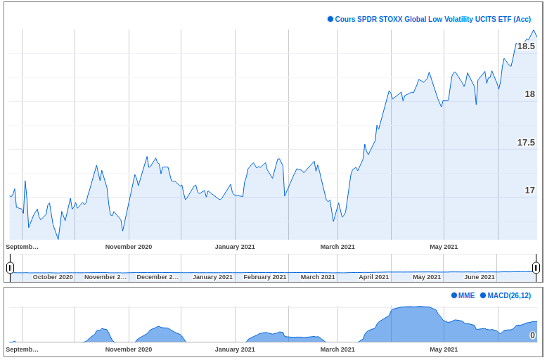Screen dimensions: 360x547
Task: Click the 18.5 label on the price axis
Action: click(526, 46)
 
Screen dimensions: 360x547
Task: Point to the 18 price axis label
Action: click(529, 94)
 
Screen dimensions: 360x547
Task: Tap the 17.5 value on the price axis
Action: click(526, 143)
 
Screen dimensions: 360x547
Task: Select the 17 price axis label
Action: click(529, 191)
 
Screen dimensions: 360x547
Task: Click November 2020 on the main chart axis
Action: click(129, 247)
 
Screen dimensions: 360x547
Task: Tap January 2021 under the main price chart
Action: click(235, 247)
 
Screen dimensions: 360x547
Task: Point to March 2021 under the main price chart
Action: click(337, 247)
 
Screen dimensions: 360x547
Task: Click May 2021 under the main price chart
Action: click(444, 247)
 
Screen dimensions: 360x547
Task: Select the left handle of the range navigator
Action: click(10, 267)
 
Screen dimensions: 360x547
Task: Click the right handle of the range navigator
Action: click(536, 267)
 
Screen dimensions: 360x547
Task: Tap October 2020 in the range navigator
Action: click(53, 277)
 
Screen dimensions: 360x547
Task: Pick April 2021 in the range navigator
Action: click(373, 277)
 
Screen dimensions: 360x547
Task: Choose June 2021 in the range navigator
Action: click(480, 277)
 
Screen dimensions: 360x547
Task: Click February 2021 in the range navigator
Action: click(265, 277)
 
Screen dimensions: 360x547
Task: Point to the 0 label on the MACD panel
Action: click(532, 335)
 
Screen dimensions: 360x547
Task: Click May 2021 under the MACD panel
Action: click(444, 349)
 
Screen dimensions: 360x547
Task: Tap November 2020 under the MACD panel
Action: click(129, 349)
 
